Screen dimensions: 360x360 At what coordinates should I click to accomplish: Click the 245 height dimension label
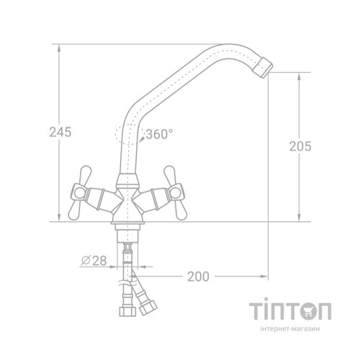click(x=60, y=132)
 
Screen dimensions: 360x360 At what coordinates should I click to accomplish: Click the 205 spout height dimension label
click(x=300, y=146)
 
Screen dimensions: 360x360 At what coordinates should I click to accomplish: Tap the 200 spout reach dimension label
click(x=198, y=276)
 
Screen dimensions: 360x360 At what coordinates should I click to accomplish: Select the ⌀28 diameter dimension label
click(x=94, y=261)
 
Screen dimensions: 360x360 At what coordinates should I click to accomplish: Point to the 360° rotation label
click(x=160, y=134)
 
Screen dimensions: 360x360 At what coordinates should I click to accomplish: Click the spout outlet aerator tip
click(x=264, y=68)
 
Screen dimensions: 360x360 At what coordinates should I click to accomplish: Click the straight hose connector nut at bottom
click(x=127, y=311)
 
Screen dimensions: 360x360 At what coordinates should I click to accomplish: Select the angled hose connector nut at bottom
click(x=148, y=307)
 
